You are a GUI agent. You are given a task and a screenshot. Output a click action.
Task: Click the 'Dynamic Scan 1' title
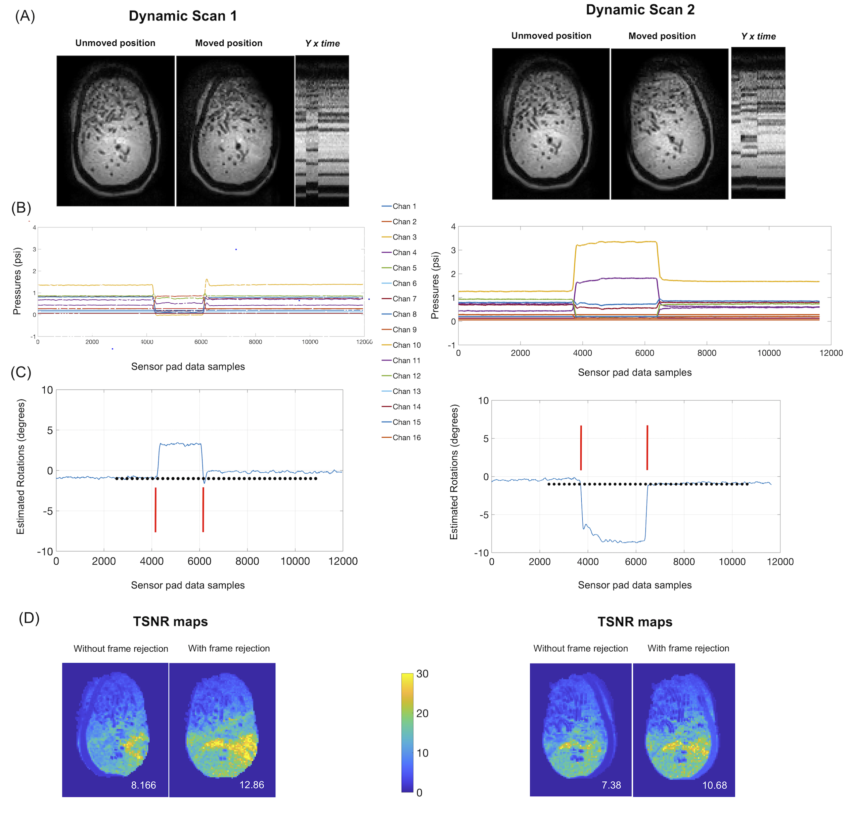click(x=183, y=16)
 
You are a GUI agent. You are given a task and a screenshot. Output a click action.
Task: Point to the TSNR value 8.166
click(x=143, y=785)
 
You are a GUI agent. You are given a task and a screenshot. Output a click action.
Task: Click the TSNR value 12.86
click(x=252, y=785)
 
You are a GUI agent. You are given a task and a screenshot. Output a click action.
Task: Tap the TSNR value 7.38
click(x=611, y=785)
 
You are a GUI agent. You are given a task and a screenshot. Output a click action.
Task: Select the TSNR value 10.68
click(x=715, y=785)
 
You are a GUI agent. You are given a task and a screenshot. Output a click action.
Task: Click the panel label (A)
click(x=25, y=16)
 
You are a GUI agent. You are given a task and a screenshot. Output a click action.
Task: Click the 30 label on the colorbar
click(x=422, y=673)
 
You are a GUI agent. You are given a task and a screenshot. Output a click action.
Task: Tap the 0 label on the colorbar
click(x=419, y=792)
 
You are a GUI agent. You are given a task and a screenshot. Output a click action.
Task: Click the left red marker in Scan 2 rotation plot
click(x=581, y=447)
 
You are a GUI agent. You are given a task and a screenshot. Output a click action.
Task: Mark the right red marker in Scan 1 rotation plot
click(x=203, y=509)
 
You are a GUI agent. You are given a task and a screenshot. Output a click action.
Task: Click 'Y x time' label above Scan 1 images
click(x=322, y=43)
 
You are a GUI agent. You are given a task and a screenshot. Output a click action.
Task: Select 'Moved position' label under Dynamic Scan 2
click(x=662, y=36)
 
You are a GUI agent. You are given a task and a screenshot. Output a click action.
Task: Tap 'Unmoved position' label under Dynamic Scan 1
click(x=115, y=43)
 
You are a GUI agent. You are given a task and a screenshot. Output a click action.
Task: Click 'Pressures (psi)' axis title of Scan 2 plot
click(x=435, y=285)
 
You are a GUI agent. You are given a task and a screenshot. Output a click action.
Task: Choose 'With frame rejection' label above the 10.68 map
click(x=688, y=648)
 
